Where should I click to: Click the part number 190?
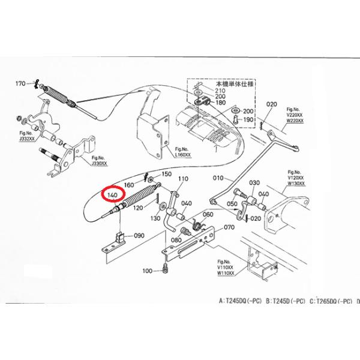click(x=248, y=119)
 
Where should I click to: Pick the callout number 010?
click(x=218, y=178)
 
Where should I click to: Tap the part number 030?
click(x=254, y=183)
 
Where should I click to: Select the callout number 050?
click(x=232, y=205)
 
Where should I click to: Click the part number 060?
click(x=208, y=214)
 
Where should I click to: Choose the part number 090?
click(x=139, y=236)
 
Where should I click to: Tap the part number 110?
click(x=183, y=179)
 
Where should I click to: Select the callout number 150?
click(x=167, y=173)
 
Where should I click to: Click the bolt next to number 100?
click(x=163, y=271)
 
